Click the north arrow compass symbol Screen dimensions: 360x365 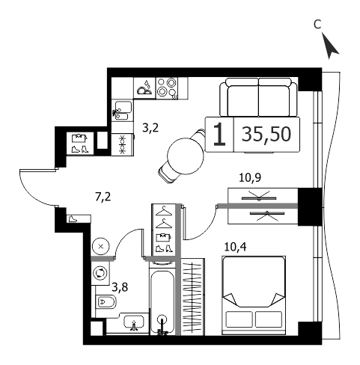click(x=330, y=47)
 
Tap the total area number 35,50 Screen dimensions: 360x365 click(x=266, y=134)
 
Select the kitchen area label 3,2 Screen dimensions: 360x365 click(x=150, y=128)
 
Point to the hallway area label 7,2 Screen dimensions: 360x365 click(x=103, y=197)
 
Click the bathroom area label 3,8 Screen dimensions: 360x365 click(x=120, y=287)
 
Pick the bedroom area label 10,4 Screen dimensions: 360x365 click(x=235, y=247)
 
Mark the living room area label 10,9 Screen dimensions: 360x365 click(x=250, y=178)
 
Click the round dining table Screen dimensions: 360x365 click(x=186, y=156)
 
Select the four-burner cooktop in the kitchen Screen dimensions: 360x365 click(x=167, y=88)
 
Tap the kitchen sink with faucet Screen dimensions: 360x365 click(x=121, y=111)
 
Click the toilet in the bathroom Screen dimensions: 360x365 click(x=106, y=302)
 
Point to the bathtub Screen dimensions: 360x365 click(x=162, y=302)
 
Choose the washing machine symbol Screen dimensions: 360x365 click(x=100, y=272)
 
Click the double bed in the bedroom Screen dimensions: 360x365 click(x=254, y=295)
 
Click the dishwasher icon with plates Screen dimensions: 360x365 click(x=144, y=88)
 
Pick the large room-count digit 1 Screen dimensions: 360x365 click(x=219, y=134)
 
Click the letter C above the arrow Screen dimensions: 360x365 click(x=317, y=25)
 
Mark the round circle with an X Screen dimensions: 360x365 click(x=101, y=247)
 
